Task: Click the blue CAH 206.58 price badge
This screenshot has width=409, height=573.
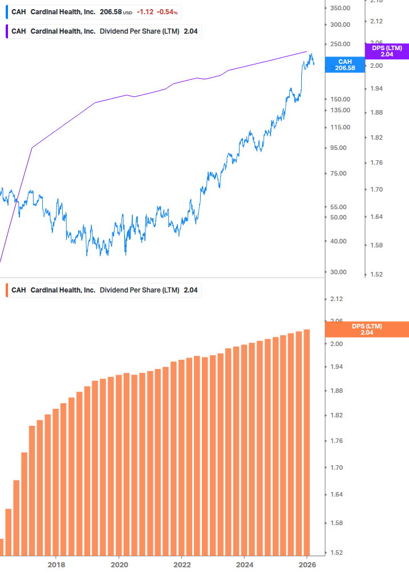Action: coord(345,64)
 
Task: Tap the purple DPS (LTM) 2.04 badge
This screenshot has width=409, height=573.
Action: coord(387,51)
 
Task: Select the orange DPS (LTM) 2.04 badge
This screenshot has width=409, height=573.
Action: coord(366,329)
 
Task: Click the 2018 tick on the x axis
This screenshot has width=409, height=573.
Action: coord(56,564)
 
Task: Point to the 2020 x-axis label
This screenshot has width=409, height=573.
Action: coord(119,564)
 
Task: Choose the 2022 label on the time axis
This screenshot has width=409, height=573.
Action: coord(181,564)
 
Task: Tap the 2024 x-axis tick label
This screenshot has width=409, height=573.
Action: coord(244,564)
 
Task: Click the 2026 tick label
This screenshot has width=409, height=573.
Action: coord(307,564)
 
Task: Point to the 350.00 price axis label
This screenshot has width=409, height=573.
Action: coord(339,8)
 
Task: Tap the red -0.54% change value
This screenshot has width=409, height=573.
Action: coord(168,12)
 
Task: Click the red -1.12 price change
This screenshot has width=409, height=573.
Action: coord(145,12)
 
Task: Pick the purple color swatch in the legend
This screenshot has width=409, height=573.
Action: coord(6,31)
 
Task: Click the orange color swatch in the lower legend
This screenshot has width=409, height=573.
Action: coord(6,290)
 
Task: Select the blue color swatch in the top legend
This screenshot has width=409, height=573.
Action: coord(6,12)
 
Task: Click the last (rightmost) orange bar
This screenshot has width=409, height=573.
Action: coord(306,442)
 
